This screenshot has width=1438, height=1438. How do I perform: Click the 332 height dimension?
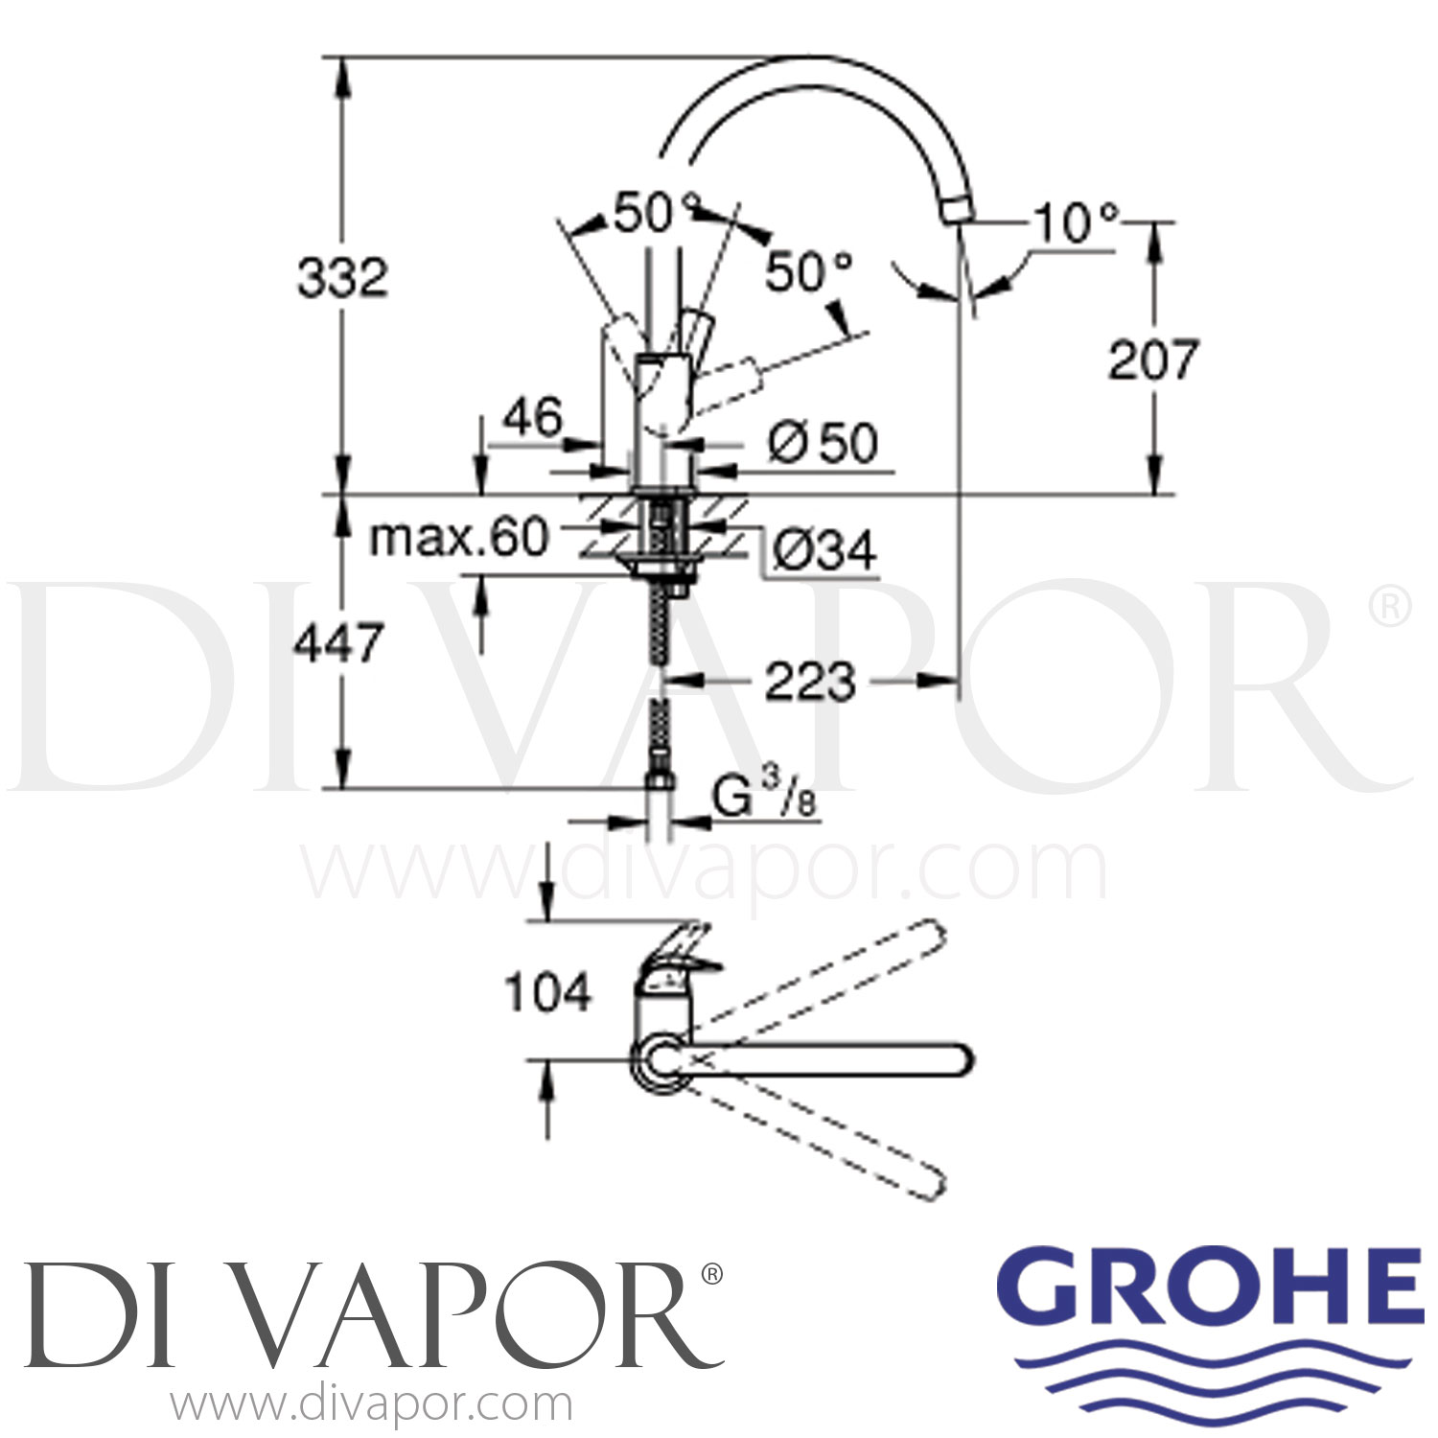click(342, 278)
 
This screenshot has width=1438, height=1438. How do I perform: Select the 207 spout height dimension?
click(1153, 359)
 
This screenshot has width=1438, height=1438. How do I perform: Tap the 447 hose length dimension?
click(338, 642)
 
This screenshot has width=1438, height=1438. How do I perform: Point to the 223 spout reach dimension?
click(809, 682)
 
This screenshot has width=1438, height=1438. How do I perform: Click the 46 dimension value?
click(534, 418)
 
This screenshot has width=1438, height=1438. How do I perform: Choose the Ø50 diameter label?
click(823, 444)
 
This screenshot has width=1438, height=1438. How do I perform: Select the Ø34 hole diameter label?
click(823, 551)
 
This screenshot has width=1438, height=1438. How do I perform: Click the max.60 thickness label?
click(458, 538)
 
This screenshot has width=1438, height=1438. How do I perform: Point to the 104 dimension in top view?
click(548, 992)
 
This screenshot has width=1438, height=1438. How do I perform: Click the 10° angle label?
click(1077, 224)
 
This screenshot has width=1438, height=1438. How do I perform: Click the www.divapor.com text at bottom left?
click(372, 1405)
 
